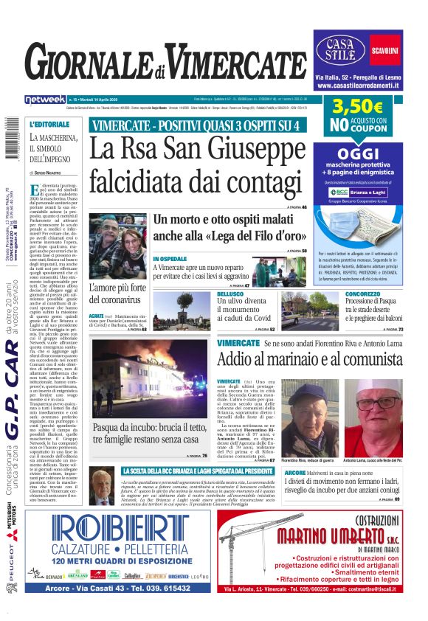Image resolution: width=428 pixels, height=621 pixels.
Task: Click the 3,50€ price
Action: pyautogui.click(x=357, y=108)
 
